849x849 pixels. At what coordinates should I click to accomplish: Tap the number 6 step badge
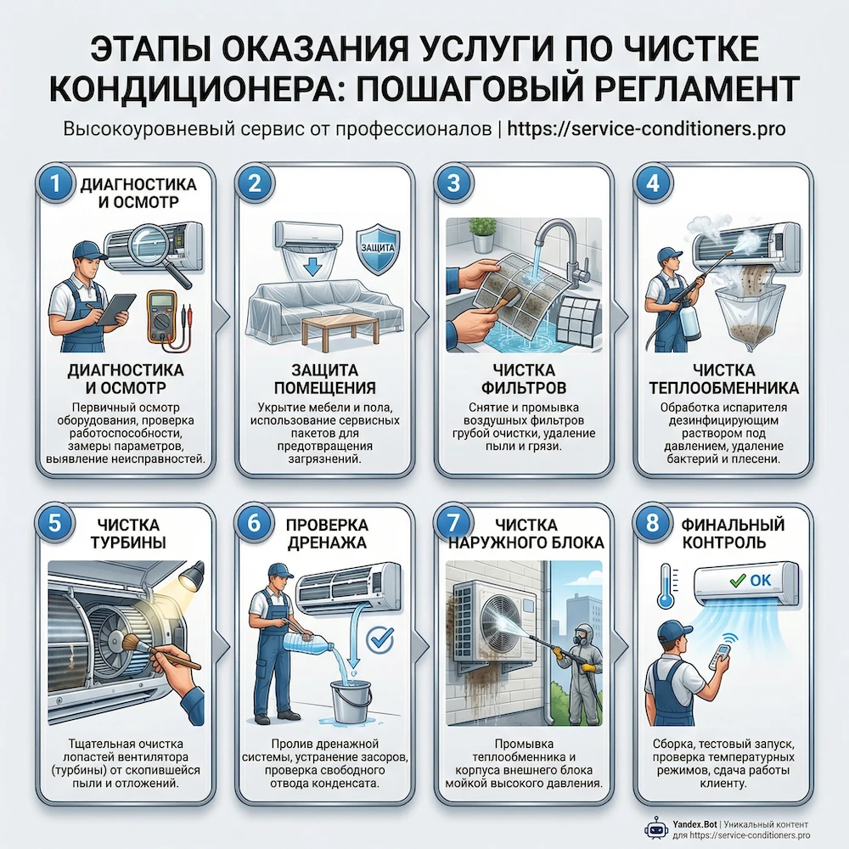point(253,523)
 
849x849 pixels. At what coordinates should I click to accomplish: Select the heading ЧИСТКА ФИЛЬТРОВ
point(524,380)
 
